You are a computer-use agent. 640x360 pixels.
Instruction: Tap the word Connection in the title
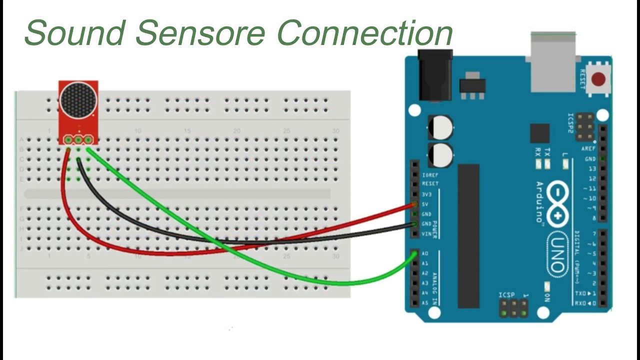[364, 33]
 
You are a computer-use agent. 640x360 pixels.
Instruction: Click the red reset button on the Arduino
[598, 79]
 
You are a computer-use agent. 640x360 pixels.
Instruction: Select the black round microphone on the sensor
[78, 99]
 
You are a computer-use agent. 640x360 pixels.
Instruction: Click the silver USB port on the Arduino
[552, 62]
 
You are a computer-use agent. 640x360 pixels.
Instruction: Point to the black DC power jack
[434, 75]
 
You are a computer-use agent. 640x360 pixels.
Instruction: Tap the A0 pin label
[425, 254]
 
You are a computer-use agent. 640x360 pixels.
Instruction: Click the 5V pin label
[425, 204]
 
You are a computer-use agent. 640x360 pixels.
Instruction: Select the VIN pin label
[426, 234]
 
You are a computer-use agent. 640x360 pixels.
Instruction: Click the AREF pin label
[588, 149]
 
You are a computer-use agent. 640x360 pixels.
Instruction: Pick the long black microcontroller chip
[468, 235]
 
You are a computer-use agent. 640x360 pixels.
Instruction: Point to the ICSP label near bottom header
[506, 295]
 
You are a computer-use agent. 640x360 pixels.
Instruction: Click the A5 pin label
[425, 303]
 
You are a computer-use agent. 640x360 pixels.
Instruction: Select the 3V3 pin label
[426, 194]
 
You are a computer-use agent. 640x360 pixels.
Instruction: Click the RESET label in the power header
[429, 184]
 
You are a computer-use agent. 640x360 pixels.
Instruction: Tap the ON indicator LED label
[547, 297]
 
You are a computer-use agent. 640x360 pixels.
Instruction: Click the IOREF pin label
[430, 175]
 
